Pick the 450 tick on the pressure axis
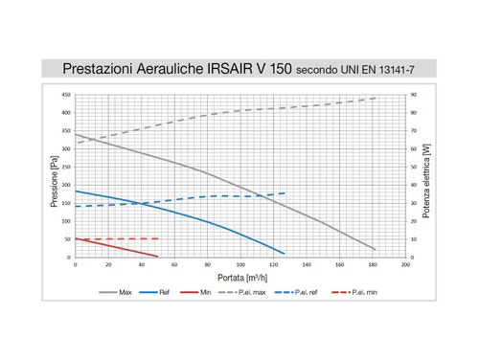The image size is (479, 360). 66,95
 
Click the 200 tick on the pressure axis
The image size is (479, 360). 66,186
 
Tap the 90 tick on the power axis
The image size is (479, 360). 413,95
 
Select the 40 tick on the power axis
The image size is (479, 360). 413,186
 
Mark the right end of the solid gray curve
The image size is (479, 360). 376,250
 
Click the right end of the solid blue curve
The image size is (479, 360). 285,254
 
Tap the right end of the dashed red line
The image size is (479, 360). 158,238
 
